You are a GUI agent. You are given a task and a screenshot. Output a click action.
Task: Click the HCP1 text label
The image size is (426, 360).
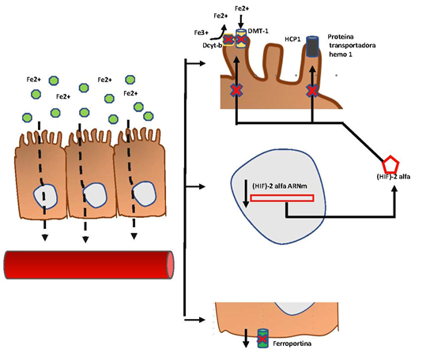tap(292, 37)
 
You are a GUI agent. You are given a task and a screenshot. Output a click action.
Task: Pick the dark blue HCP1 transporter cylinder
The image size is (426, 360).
tap(313, 47)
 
